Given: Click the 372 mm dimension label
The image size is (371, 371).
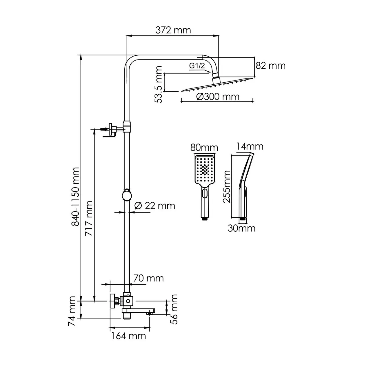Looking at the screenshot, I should [x=173, y=30].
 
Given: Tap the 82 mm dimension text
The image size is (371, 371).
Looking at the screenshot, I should [x=270, y=66].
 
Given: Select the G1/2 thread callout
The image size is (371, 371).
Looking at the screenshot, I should [x=197, y=66].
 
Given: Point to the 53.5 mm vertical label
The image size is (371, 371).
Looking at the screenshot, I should [x=159, y=84].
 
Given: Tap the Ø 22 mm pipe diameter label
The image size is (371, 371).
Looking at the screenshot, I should [x=155, y=205].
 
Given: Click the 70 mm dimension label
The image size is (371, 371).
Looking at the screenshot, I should [x=148, y=278].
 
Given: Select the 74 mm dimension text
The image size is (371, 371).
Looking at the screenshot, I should [x=72, y=311].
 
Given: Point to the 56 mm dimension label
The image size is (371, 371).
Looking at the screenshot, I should [x=174, y=309].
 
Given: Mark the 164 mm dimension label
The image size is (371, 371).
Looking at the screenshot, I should [x=129, y=336].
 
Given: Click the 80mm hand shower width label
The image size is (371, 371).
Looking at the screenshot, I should [x=204, y=148].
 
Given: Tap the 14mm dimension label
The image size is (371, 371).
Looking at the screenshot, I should [x=250, y=146].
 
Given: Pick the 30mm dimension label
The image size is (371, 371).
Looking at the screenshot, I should [x=241, y=228].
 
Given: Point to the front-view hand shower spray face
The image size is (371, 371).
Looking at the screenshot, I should [x=205, y=170].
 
